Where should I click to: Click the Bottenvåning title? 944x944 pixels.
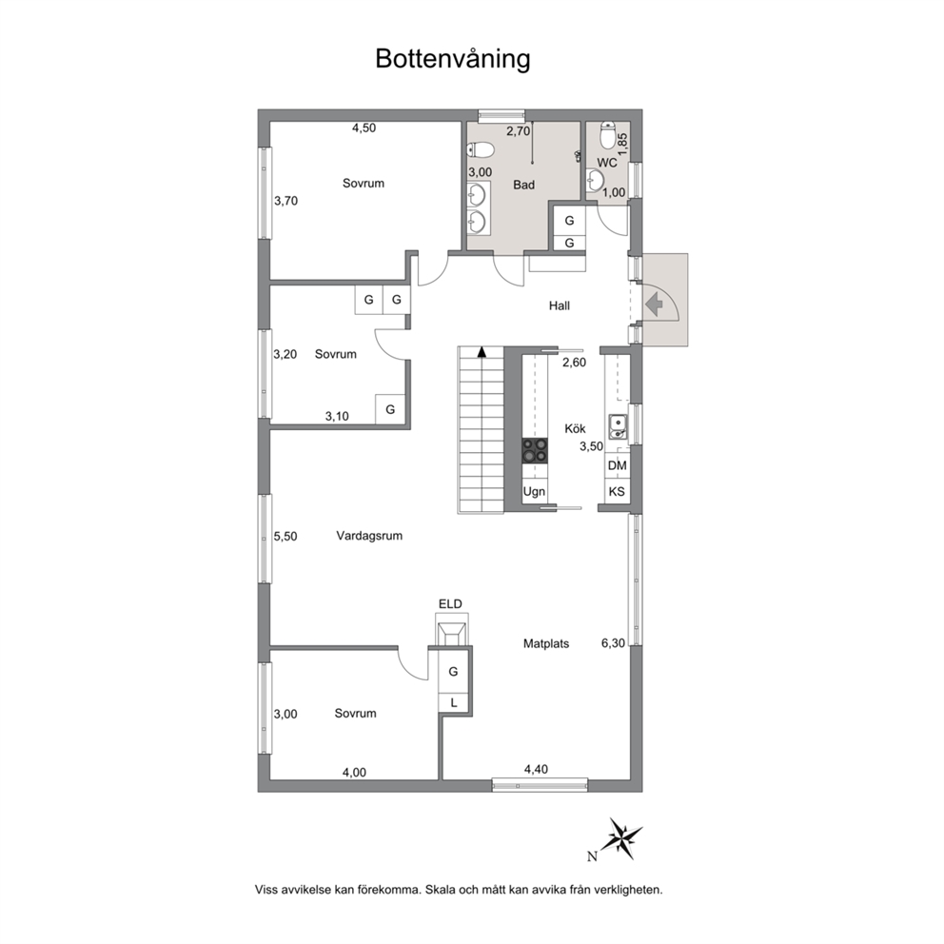[453, 60]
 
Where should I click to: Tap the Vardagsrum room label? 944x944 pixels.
[369, 536]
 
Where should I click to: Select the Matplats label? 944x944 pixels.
[546, 643]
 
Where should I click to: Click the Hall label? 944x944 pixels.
[560, 305]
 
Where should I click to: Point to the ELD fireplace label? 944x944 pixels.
[450, 604]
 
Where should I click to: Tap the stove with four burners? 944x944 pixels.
[535, 450]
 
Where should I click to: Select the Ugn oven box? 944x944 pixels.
[535, 491]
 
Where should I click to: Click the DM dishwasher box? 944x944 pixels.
[617, 465]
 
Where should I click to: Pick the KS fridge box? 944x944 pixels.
[617, 491]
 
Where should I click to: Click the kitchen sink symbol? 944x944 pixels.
[618, 426]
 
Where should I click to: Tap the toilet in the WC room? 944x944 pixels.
[607, 136]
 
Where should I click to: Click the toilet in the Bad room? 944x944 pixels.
[481, 148]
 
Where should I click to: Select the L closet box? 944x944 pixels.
[453, 702]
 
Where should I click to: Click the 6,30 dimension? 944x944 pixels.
[613, 643]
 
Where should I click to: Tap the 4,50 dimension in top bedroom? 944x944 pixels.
[364, 128]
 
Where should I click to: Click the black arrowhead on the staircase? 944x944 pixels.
[482, 352]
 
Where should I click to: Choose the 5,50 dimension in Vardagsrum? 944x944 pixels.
[285, 537]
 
